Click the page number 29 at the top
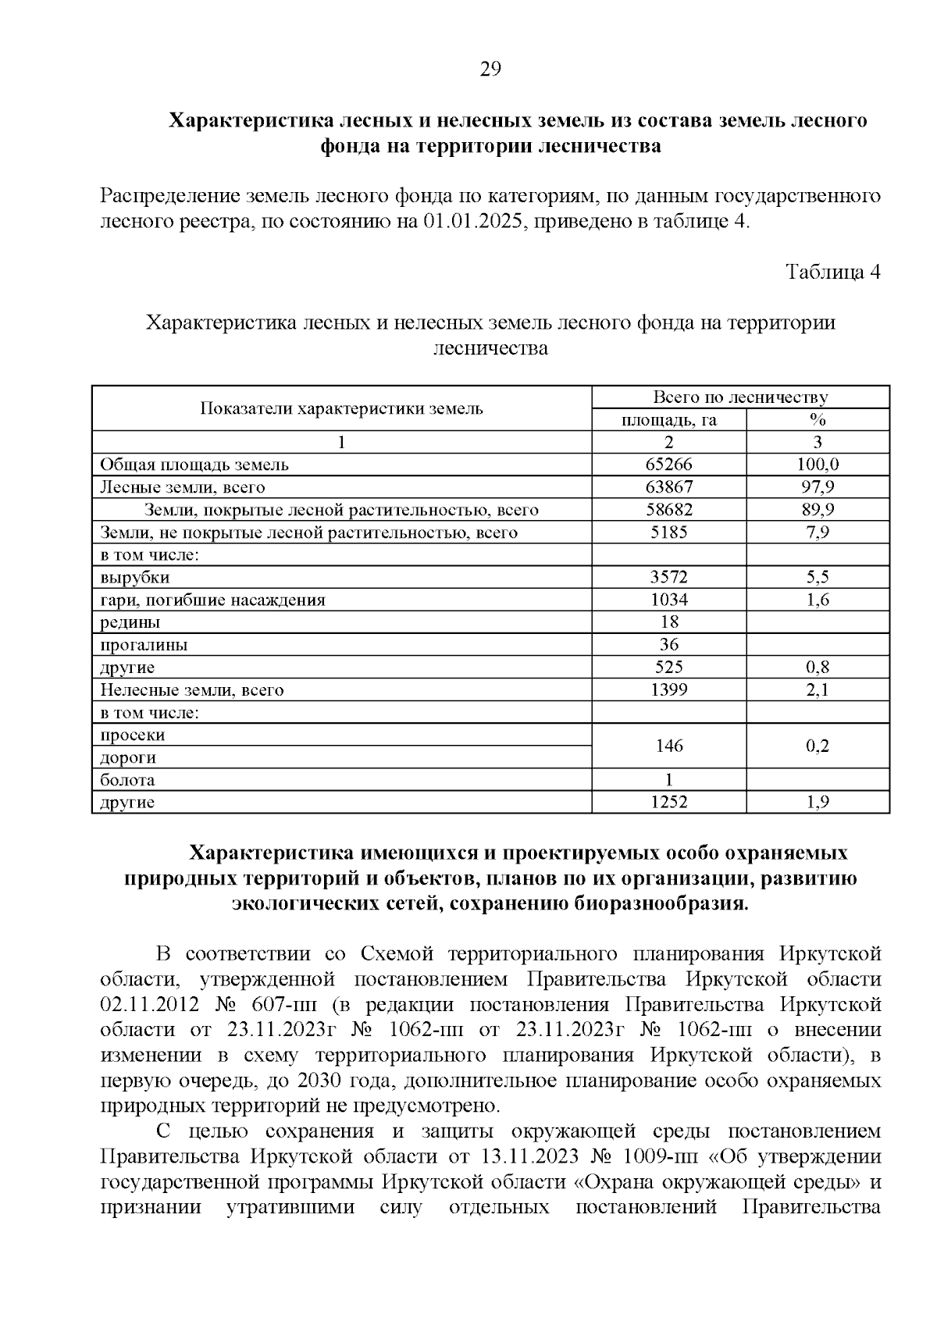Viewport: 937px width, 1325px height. (490, 69)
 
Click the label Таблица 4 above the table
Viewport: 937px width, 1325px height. (832, 272)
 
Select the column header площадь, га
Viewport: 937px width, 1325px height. (668, 420)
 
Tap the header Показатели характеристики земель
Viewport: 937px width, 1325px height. (342, 408)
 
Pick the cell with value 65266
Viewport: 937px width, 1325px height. (668, 465)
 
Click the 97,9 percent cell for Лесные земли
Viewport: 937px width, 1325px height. (817, 487)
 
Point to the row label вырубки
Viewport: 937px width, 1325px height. (134, 578)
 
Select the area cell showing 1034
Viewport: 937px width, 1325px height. (668, 600)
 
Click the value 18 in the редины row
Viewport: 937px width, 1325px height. (668, 622)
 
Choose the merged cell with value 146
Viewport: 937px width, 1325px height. (668, 746)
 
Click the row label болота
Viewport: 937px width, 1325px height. (127, 780)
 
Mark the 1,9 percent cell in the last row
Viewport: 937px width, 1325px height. (817, 802)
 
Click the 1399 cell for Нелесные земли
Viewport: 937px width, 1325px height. (668, 690)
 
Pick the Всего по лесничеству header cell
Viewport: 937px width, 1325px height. (739, 397)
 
